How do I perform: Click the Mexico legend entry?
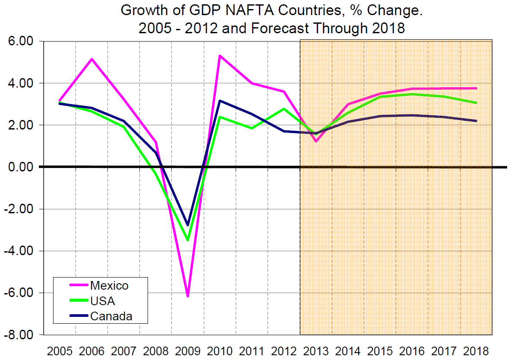pyautogui.click(x=109, y=285)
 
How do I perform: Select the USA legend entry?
pyautogui.click(x=102, y=301)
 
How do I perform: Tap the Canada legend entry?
pyautogui.click(x=111, y=316)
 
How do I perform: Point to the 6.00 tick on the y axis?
pyautogui.click(x=22, y=41)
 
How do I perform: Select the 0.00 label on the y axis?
pyautogui.click(x=22, y=167)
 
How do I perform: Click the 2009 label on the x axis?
pyautogui.click(x=188, y=350)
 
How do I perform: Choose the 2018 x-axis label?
pyautogui.click(x=476, y=350)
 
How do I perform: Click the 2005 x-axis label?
pyautogui.click(x=60, y=350)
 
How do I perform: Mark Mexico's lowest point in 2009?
pyautogui.click(x=188, y=296)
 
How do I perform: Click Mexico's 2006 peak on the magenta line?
pyautogui.click(x=91, y=59)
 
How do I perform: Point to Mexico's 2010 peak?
pyautogui.click(x=220, y=56)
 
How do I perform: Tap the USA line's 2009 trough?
pyautogui.click(x=188, y=240)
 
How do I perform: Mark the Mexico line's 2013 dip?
pyautogui.click(x=316, y=141)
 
